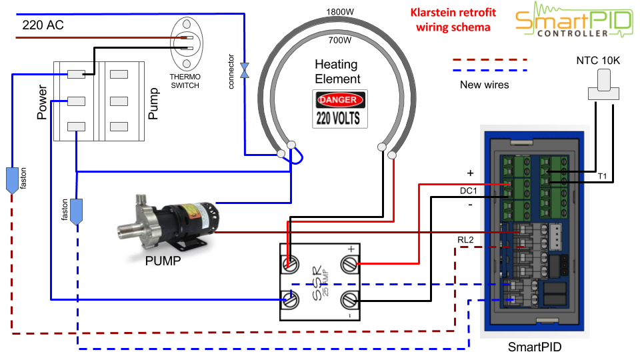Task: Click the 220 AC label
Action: [x=43, y=26]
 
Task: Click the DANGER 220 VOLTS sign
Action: [x=340, y=110]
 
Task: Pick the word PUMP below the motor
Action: [x=163, y=261]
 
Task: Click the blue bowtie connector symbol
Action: [x=245, y=69]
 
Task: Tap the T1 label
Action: [x=603, y=177]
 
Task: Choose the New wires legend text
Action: [x=485, y=85]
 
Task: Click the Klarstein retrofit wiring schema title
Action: [x=453, y=20]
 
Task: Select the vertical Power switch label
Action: [x=43, y=101]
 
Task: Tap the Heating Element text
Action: [x=337, y=72]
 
